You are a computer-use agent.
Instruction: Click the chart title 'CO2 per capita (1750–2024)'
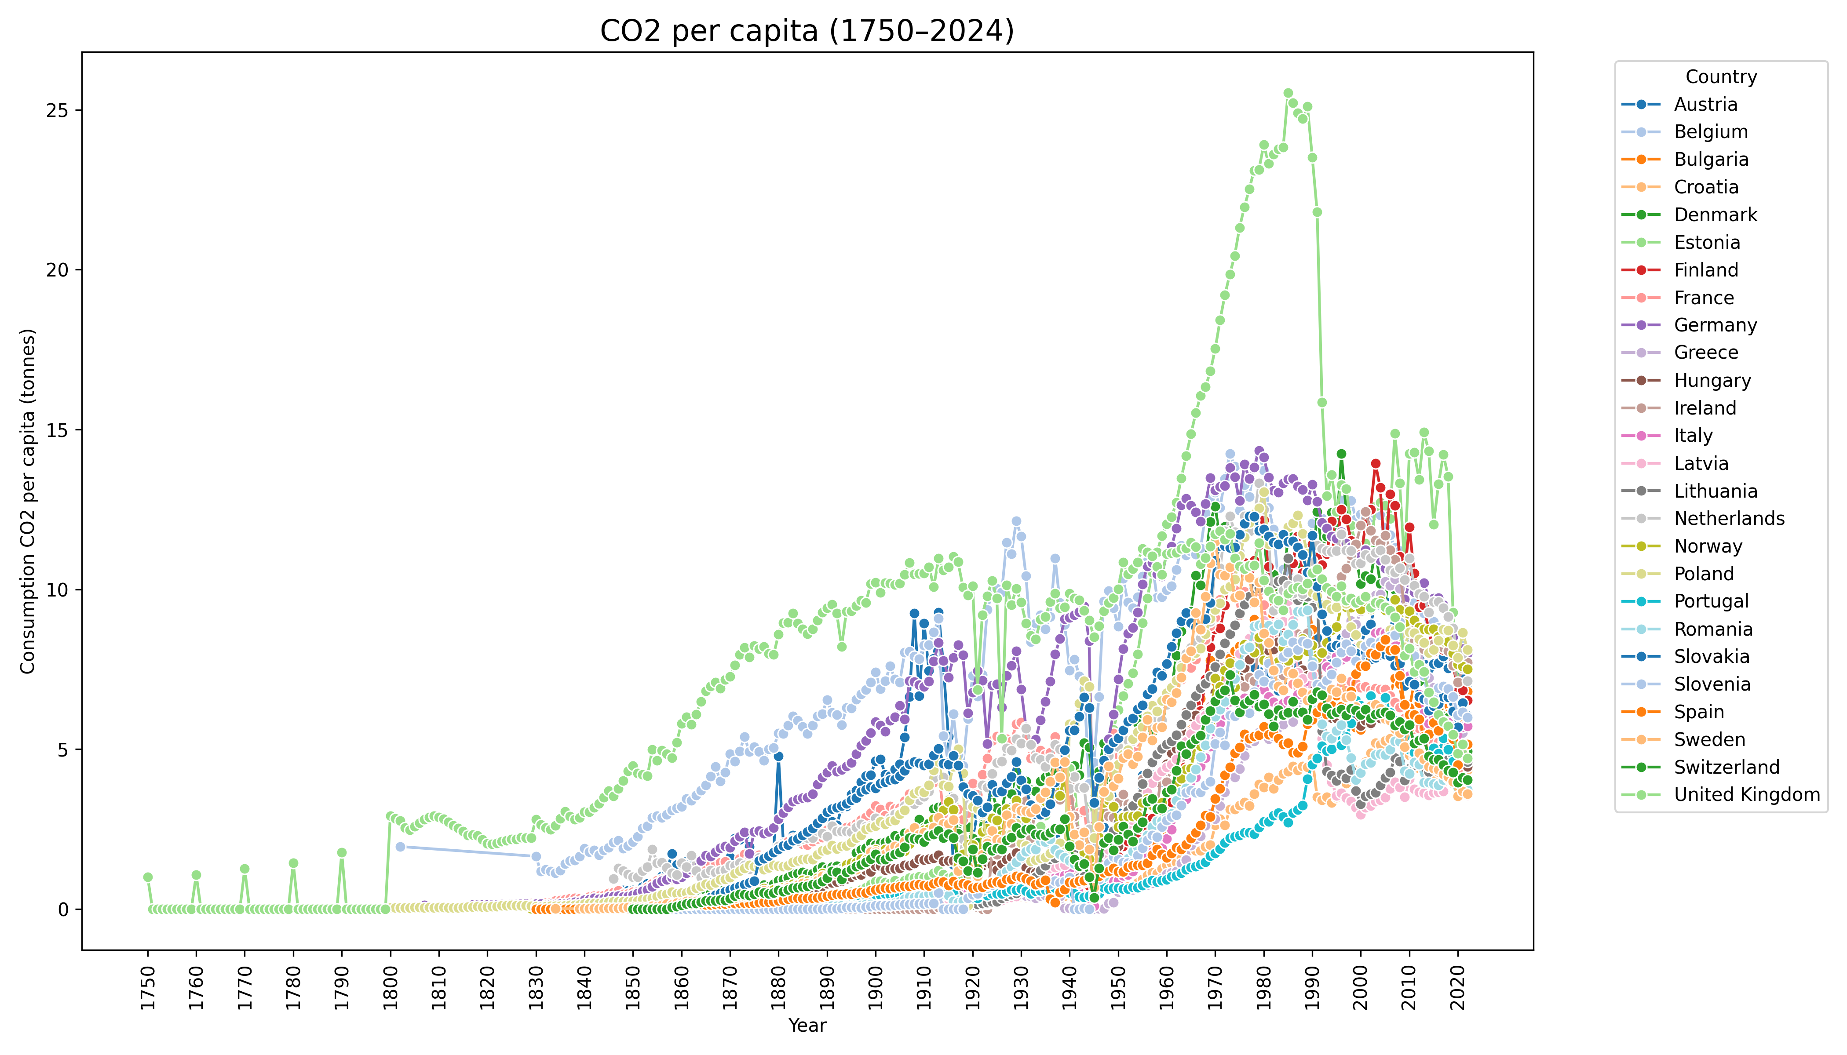click(x=807, y=31)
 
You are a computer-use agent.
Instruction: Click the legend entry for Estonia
click(x=1706, y=242)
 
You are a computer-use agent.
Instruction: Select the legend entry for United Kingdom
click(x=1746, y=794)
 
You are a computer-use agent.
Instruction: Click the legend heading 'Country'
click(x=1721, y=77)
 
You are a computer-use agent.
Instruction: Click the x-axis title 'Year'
click(x=807, y=1025)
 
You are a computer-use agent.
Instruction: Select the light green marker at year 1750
click(x=148, y=877)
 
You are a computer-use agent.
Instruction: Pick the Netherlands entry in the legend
click(x=1729, y=518)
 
